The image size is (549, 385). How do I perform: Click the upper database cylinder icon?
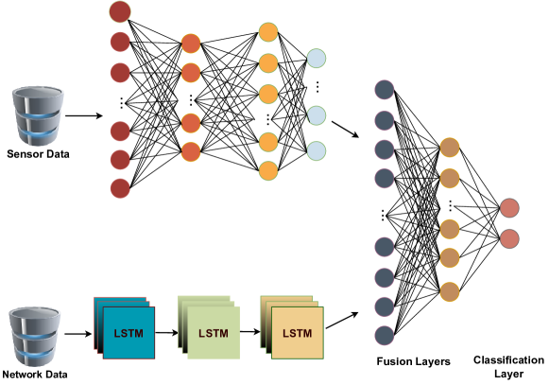pyautogui.click(x=38, y=116)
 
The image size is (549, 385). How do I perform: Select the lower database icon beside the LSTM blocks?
pyautogui.click(x=35, y=336)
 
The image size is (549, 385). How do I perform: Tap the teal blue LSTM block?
pyautogui.click(x=129, y=332)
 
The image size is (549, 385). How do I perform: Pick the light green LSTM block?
pyautogui.click(x=213, y=332)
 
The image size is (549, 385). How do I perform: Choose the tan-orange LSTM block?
pyautogui.click(x=297, y=332)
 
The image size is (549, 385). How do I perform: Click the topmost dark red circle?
pyautogui.click(x=120, y=12)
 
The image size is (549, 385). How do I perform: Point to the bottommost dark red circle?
pyautogui.click(x=120, y=188)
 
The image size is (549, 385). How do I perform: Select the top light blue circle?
pyautogui.click(x=317, y=59)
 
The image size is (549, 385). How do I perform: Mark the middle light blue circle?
pyautogui.click(x=317, y=115)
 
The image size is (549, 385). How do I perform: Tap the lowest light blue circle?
pyautogui.click(x=317, y=151)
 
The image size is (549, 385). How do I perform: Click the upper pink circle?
pyautogui.click(x=509, y=208)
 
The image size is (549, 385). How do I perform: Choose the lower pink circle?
pyautogui.click(x=509, y=238)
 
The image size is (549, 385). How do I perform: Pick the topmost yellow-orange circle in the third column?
pyautogui.click(x=268, y=32)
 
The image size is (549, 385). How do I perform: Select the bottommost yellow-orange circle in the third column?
pyautogui.click(x=268, y=171)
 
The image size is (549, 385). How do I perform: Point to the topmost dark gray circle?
pyautogui.click(x=385, y=90)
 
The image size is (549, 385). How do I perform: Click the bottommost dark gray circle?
pyautogui.click(x=385, y=335)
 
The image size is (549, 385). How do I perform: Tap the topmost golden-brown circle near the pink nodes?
pyautogui.click(x=450, y=148)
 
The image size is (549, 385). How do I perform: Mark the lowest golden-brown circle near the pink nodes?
pyautogui.click(x=450, y=291)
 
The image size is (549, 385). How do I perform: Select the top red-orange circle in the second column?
pyautogui.click(x=191, y=44)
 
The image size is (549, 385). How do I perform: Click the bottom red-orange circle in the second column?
pyautogui.click(x=191, y=151)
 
